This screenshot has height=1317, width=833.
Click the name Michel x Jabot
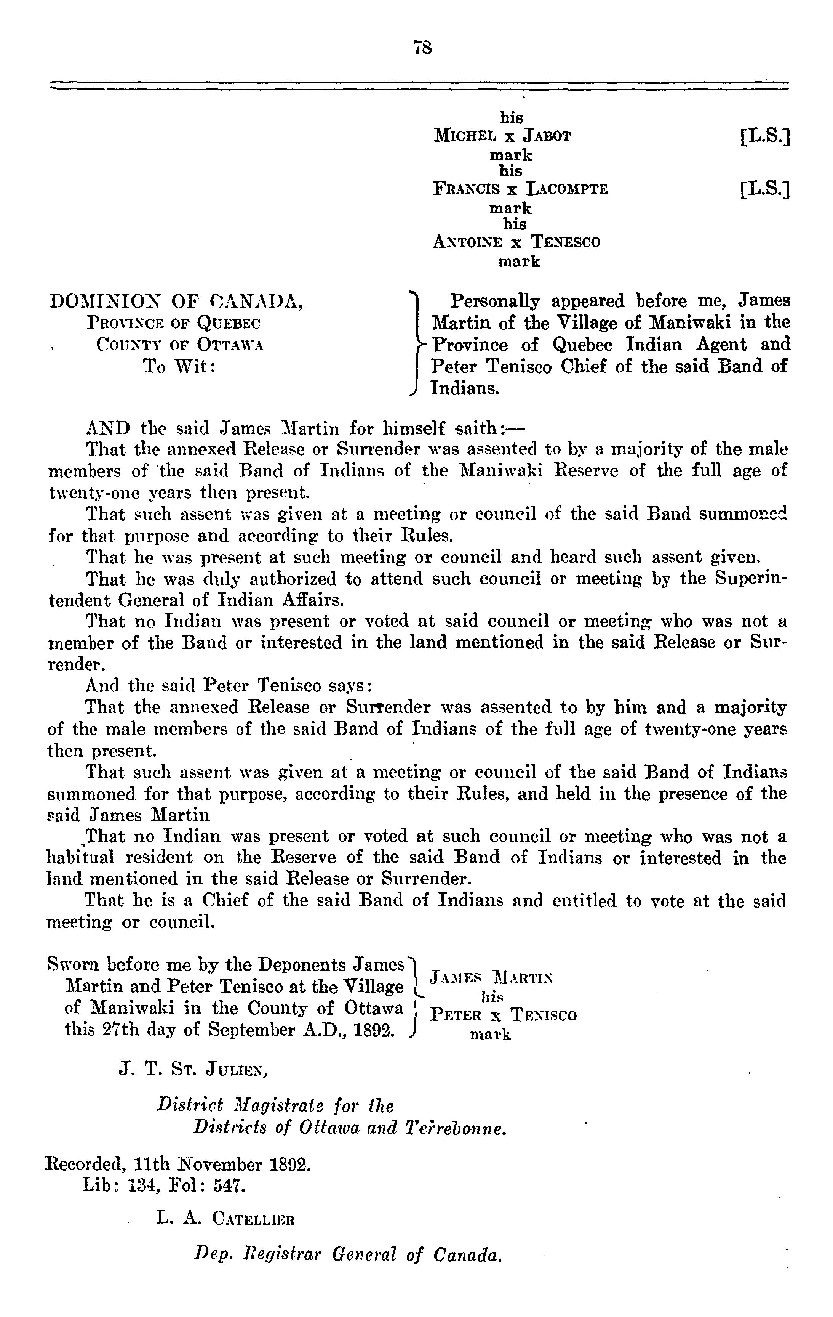pos(502,136)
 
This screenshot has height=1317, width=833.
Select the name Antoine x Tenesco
pos(516,242)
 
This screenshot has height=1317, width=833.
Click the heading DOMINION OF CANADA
pos(177,302)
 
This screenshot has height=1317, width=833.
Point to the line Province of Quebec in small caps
pos(174,323)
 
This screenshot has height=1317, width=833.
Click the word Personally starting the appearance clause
pos(494,302)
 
